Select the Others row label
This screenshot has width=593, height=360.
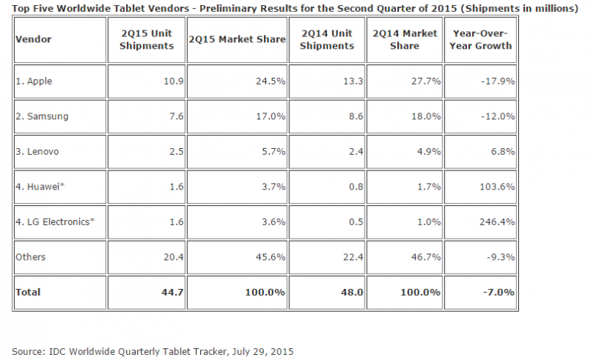point(30,257)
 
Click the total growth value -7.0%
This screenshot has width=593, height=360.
point(498,293)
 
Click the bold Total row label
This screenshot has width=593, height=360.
point(29,293)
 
